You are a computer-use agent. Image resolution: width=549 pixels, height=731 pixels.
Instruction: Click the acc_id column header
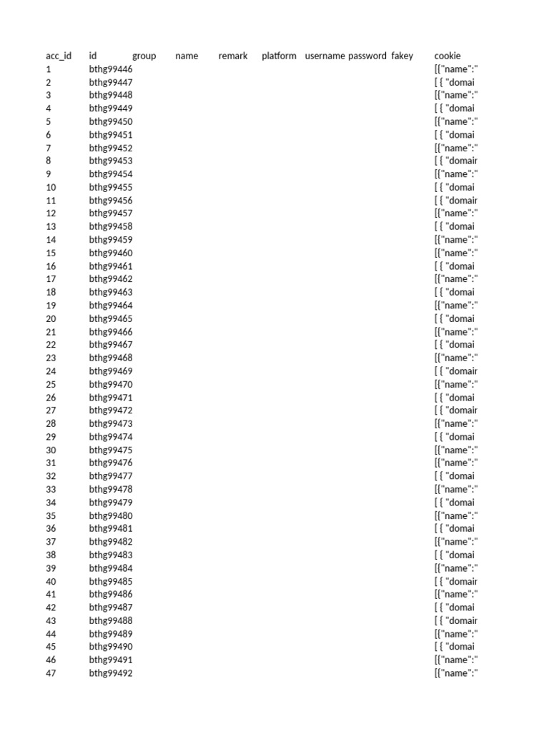tap(59, 56)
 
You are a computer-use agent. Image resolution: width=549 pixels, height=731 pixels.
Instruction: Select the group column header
tap(144, 56)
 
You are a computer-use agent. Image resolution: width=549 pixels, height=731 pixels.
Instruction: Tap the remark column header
tap(233, 56)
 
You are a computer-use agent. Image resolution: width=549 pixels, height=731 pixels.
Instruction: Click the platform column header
tap(279, 56)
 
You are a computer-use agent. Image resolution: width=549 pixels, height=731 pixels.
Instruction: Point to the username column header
tap(325, 56)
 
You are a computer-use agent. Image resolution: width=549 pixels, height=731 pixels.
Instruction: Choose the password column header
tap(367, 56)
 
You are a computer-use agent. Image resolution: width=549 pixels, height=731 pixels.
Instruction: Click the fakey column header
tap(402, 56)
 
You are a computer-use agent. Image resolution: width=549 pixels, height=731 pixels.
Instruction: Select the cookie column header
tap(447, 56)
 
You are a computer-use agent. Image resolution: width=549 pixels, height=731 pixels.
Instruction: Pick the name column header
tap(187, 56)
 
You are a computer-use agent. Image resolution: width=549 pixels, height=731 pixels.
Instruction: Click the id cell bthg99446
tap(111, 69)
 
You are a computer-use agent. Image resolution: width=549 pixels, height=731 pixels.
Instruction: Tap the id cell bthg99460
tap(111, 253)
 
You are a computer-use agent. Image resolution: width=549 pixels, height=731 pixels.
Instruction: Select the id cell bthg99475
tap(111, 450)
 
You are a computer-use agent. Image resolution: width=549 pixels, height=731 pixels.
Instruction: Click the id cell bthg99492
tap(111, 673)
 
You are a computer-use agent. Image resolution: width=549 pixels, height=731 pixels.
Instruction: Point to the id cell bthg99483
tap(111, 555)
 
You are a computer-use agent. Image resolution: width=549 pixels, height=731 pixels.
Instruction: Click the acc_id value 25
tap(51, 384)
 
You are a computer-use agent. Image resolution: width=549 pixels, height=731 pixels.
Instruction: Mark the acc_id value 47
tap(51, 673)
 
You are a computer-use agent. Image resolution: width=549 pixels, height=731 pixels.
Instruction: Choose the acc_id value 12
tap(51, 213)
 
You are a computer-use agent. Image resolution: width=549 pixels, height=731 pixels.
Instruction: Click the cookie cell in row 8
tap(455, 161)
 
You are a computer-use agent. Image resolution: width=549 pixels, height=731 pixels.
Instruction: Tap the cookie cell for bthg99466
tap(455, 332)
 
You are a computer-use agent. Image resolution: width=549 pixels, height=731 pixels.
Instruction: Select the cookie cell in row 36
tap(454, 528)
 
